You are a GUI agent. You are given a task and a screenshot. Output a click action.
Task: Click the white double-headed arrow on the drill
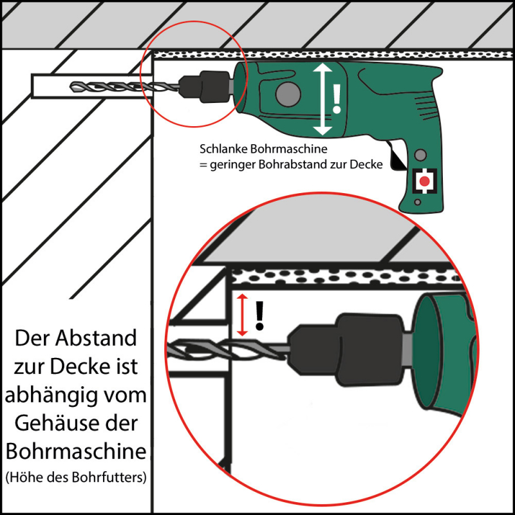pyautogui.click(x=323, y=99)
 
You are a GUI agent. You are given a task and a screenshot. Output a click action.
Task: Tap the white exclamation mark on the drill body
pyautogui.click(x=337, y=98)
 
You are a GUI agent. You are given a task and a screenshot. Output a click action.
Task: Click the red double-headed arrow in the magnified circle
pyautogui.click(x=243, y=315)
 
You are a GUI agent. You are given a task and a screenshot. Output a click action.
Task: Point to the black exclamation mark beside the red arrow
pyautogui.click(x=260, y=315)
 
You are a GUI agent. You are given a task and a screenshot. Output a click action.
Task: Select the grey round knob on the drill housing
pyautogui.click(x=288, y=94)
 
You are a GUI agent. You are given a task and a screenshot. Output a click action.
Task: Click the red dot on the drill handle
pyautogui.click(x=425, y=181)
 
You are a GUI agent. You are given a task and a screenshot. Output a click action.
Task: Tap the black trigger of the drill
pyautogui.click(x=397, y=157)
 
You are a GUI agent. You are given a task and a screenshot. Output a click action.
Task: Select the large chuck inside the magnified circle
pyautogui.click(x=346, y=350)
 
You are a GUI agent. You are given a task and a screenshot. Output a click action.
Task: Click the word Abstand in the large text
pyautogui.click(x=96, y=338)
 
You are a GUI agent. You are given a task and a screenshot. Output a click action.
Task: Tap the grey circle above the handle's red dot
pyautogui.click(x=420, y=154)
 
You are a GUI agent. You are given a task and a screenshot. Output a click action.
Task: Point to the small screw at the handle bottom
pyautogui.click(x=417, y=202)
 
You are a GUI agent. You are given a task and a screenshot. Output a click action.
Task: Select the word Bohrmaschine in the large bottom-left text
pyautogui.click(x=76, y=452)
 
